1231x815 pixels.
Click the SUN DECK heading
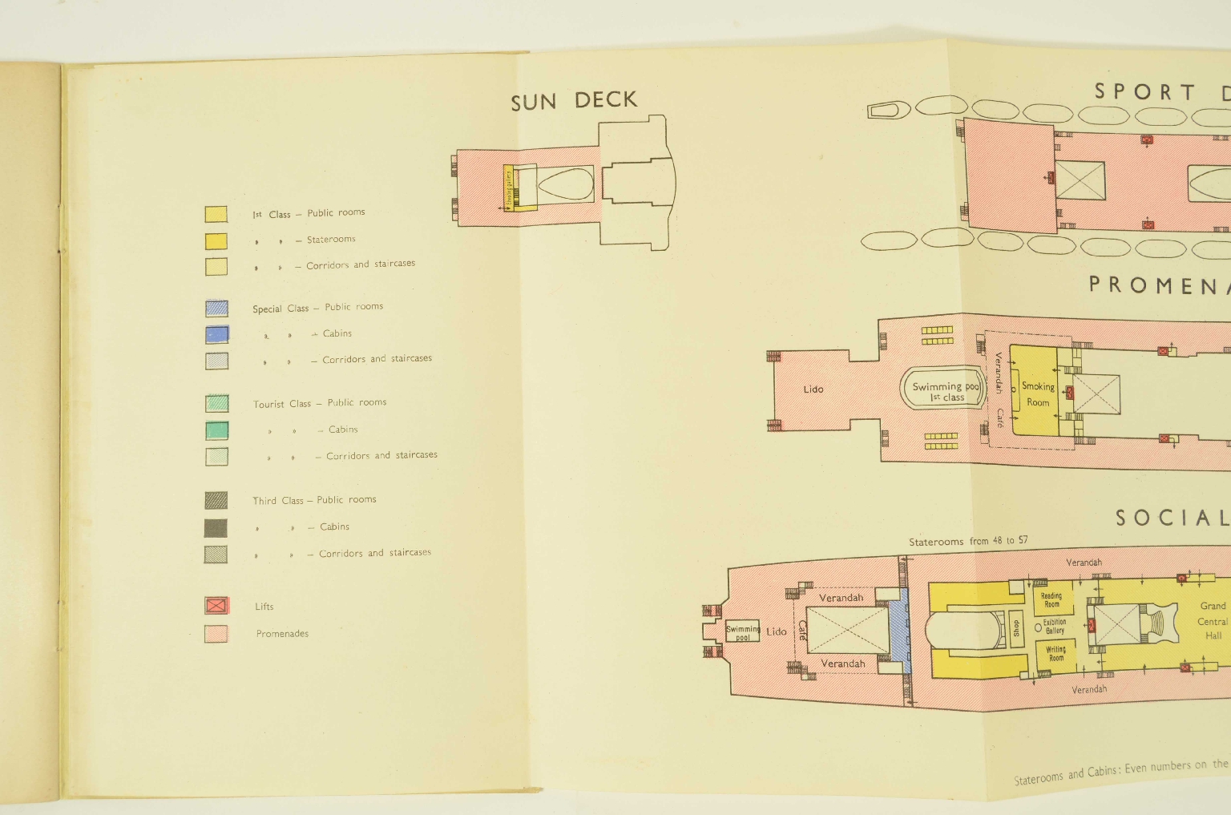click(x=574, y=101)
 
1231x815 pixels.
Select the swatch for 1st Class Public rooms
click(x=216, y=214)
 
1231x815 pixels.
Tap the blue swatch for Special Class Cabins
click(x=216, y=334)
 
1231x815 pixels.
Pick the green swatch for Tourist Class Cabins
click(x=216, y=430)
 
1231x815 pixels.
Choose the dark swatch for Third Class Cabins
click(x=216, y=527)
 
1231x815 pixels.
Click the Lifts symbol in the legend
click(x=216, y=606)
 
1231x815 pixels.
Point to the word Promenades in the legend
click(x=282, y=633)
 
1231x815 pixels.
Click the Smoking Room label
click(x=1038, y=394)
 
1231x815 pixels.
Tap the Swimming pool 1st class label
click(x=946, y=391)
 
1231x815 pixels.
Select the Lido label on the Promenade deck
click(x=813, y=389)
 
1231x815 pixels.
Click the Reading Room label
click(x=1051, y=599)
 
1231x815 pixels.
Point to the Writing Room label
click(x=1055, y=653)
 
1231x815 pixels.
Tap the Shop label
click(x=1016, y=627)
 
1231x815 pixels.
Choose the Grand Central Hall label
click(x=1212, y=620)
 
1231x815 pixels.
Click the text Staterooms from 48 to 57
click(x=968, y=541)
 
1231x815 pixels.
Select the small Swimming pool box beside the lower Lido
click(x=742, y=632)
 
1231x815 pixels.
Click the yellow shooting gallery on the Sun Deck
click(x=508, y=188)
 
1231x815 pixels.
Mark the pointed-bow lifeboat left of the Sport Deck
click(x=889, y=109)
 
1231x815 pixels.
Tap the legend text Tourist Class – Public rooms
click(x=320, y=403)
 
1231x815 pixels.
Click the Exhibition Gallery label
click(x=1054, y=626)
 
